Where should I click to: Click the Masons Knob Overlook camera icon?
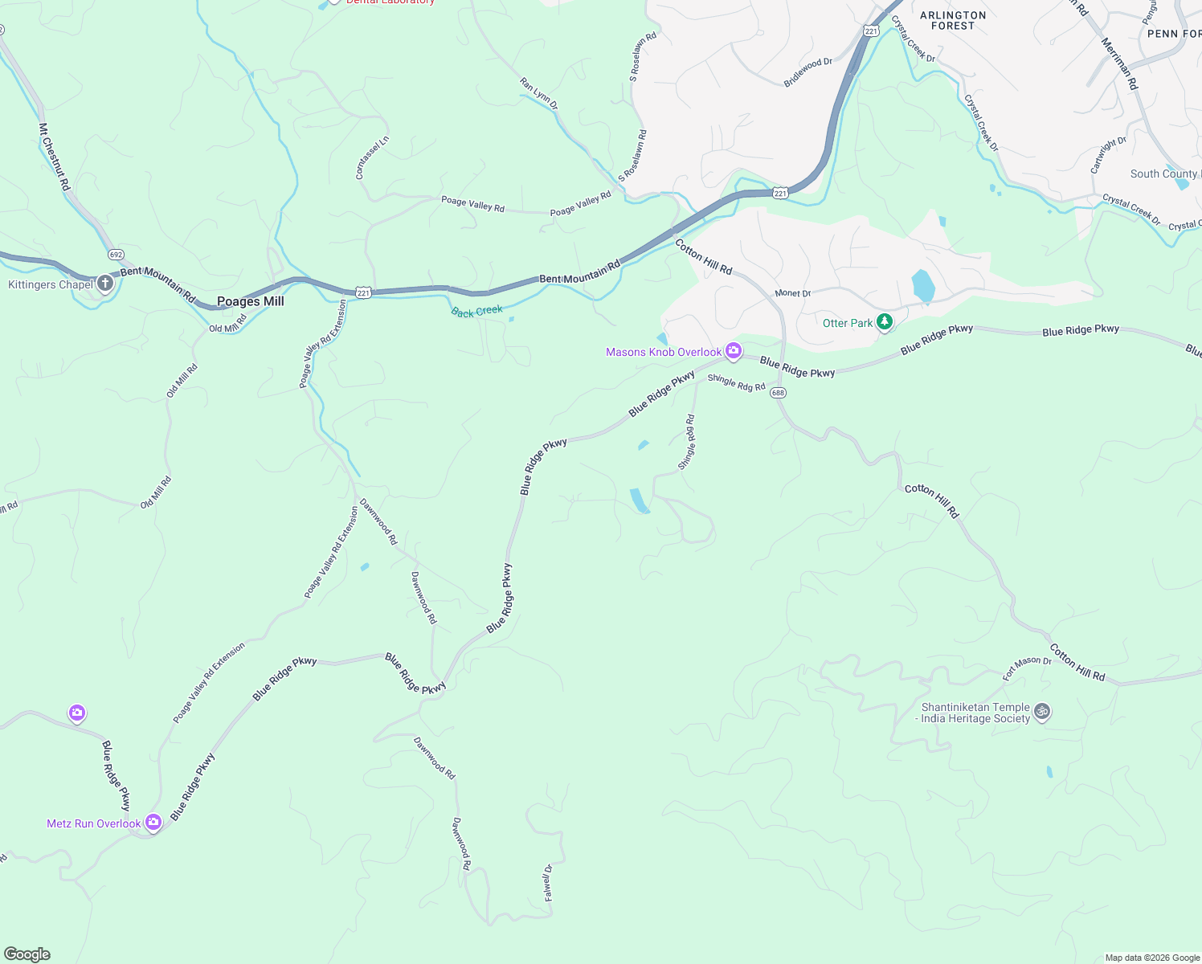[733, 351]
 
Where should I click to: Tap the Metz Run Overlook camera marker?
[153, 822]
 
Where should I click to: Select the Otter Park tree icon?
[885, 322]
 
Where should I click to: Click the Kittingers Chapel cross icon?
[105, 284]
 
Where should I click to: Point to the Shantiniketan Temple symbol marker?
[1042, 711]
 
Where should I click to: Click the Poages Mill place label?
[251, 301]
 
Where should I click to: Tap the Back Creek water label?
[476, 311]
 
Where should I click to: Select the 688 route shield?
[778, 393]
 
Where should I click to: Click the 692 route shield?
[116, 255]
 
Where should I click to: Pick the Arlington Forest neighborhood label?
[953, 20]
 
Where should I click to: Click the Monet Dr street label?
[793, 293]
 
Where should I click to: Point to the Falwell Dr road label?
[548, 882]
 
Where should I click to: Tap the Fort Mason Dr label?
[1027, 668]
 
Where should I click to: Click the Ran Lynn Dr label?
[538, 93]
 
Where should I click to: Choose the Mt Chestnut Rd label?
[55, 157]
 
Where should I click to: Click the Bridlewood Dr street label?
[807, 72]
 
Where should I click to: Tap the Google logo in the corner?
[27, 954]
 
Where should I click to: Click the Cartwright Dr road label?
[1108, 154]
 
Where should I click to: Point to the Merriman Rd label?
[1119, 63]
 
